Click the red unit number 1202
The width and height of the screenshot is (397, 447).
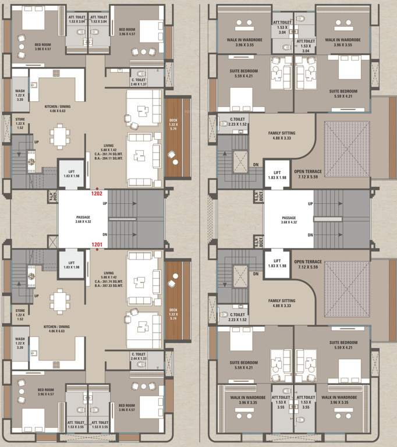pyautogui.click(x=97, y=193)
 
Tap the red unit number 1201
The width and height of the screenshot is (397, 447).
pyautogui.click(x=97, y=245)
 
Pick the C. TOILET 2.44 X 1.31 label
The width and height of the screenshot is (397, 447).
pyautogui.click(x=138, y=356)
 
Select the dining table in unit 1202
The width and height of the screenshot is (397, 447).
pyautogui.click(x=59, y=137)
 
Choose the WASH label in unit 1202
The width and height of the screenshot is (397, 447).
pyautogui.click(x=20, y=92)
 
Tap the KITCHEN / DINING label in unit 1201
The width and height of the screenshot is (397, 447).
pyautogui.click(x=56, y=327)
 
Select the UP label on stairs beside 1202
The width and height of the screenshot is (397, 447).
pyautogui.click(x=104, y=204)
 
